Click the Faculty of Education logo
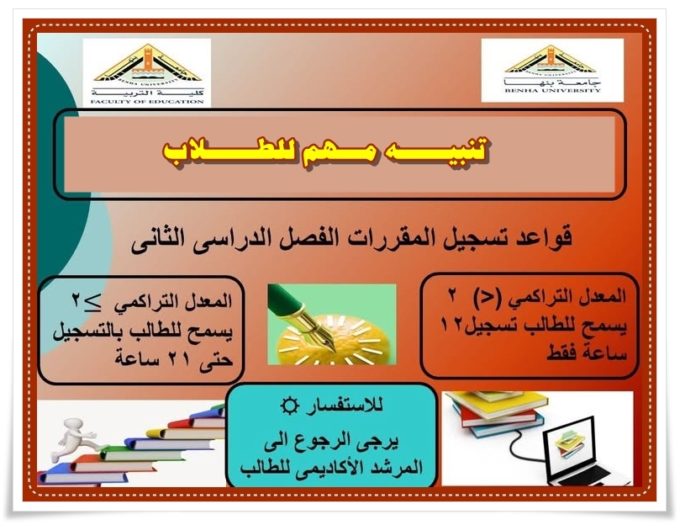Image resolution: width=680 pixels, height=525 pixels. (146, 72)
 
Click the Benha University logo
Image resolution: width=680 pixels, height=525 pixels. (552, 71)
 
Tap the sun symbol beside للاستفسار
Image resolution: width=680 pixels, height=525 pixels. (290, 406)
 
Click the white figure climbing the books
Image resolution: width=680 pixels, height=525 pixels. (73, 438)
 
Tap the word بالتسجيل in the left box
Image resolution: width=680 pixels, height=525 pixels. (86, 332)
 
